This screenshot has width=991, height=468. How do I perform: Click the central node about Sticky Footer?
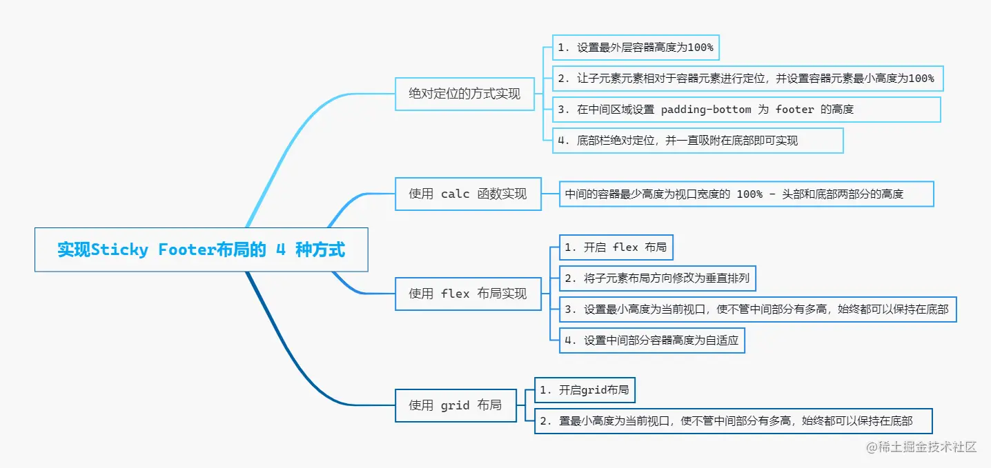point(201,250)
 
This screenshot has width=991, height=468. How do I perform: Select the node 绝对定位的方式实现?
point(464,94)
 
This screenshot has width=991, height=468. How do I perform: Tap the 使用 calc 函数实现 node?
point(467,194)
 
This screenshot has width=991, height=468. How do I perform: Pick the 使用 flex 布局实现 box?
point(467,294)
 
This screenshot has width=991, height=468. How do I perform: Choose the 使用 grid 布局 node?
point(455,405)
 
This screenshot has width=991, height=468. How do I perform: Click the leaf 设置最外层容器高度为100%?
point(635,48)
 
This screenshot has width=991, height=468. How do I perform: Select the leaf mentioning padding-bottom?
point(746,110)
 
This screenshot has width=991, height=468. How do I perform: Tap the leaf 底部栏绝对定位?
point(697,141)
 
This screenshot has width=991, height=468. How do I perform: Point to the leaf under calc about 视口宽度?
point(747,194)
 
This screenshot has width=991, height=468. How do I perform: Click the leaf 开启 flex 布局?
point(616,247)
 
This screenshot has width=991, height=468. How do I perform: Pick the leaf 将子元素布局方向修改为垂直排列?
point(658,278)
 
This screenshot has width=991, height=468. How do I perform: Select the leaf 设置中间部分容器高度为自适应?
point(651,340)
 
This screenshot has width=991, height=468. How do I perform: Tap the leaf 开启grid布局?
point(584,390)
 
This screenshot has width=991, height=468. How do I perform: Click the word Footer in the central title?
point(186,250)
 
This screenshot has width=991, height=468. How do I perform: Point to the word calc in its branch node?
point(455,194)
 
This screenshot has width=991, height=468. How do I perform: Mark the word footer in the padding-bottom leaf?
point(794,110)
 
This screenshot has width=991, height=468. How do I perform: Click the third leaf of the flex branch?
point(757,309)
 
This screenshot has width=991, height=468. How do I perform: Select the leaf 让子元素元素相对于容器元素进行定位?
point(747,79)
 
